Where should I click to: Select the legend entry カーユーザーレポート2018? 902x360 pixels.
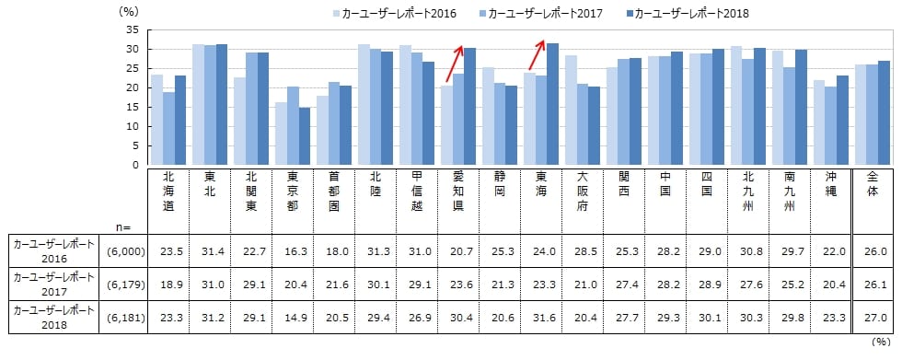687,14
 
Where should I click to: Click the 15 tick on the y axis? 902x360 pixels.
131,107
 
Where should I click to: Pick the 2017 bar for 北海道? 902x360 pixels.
168,128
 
